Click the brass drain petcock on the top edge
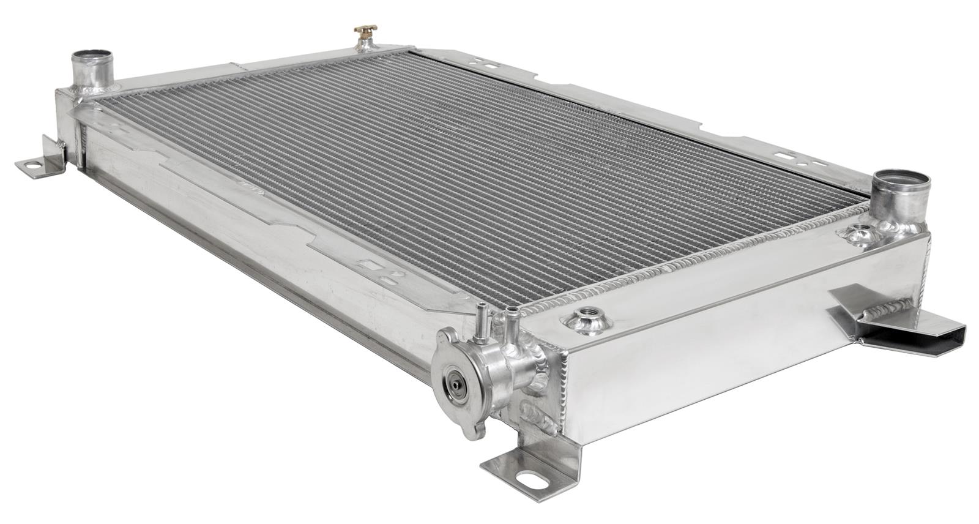(x=365, y=31)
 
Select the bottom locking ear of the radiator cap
(x=472, y=432)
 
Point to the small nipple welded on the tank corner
(x=512, y=318)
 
